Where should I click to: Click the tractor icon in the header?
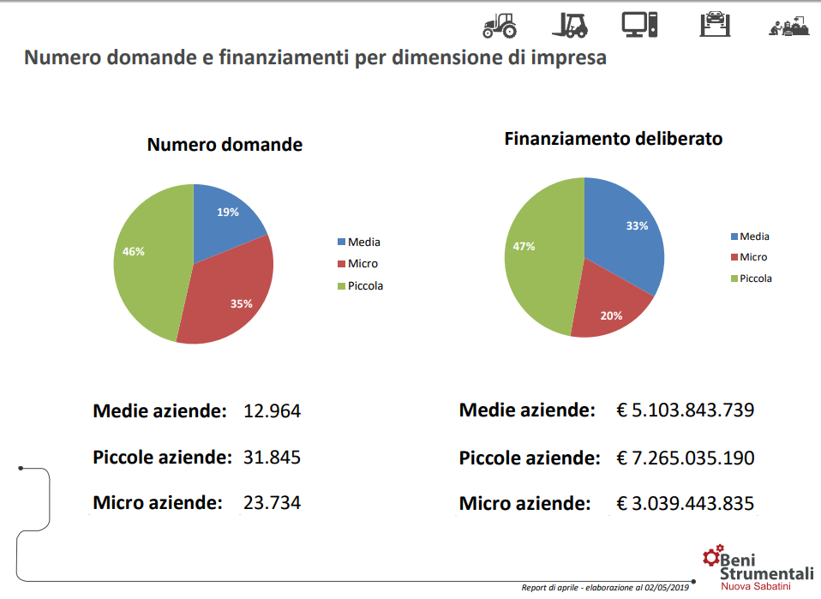click(x=500, y=25)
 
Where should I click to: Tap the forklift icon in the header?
click(x=570, y=25)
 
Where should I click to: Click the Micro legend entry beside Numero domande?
click(x=363, y=264)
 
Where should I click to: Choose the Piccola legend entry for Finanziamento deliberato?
click(x=755, y=279)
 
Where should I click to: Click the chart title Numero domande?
click(x=225, y=145)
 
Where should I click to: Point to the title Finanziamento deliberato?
click(x=613, y=138)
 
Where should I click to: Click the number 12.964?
click(x=273, y=411)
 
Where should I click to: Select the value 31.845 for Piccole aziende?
click(x=273, y=458)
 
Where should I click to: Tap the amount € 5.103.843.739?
click(x=686, y=410)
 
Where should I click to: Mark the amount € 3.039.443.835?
click(x=686, y=503)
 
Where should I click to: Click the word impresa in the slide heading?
click(x=567, y=58)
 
